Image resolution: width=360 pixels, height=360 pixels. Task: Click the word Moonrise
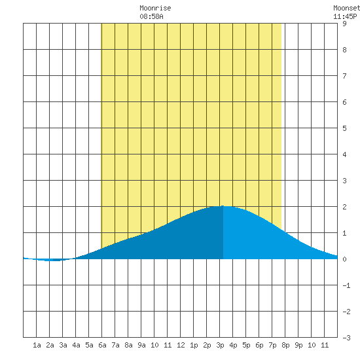tap(155, 9)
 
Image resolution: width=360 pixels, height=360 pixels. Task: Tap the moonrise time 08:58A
tap(152, 16)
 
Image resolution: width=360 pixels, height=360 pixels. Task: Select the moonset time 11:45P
tap(345, 16)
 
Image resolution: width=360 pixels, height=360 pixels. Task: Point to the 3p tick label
tap(220, 345)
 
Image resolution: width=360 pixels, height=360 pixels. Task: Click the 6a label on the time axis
tap(102, 345)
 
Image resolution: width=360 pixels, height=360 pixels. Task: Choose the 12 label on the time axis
tap(181, 345)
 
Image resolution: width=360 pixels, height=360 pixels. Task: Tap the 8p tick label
tap(285, 345)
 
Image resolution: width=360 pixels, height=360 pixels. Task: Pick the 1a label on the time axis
tap(37, 345)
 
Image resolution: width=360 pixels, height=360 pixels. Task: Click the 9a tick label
tap(141, 345)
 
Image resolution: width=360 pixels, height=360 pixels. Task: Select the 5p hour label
tap(246, 345)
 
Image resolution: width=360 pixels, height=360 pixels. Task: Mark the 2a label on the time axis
tap(50, 345)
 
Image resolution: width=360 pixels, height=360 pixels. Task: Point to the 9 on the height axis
tap(344, 24)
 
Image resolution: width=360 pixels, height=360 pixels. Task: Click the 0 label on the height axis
tap(344, 259)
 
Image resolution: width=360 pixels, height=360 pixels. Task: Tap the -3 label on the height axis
tap(346, 338)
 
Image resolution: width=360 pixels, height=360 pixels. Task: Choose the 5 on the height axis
tap(344, 128)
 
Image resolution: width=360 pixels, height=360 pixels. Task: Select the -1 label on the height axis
tap(346, 285)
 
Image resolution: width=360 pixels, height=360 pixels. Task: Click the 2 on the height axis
tap(344, 207)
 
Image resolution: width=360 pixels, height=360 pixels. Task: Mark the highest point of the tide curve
tap(223, 206)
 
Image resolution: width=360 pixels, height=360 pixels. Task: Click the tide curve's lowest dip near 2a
tap(52, 261)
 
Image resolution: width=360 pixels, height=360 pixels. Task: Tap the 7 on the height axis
tap(344, 76)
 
